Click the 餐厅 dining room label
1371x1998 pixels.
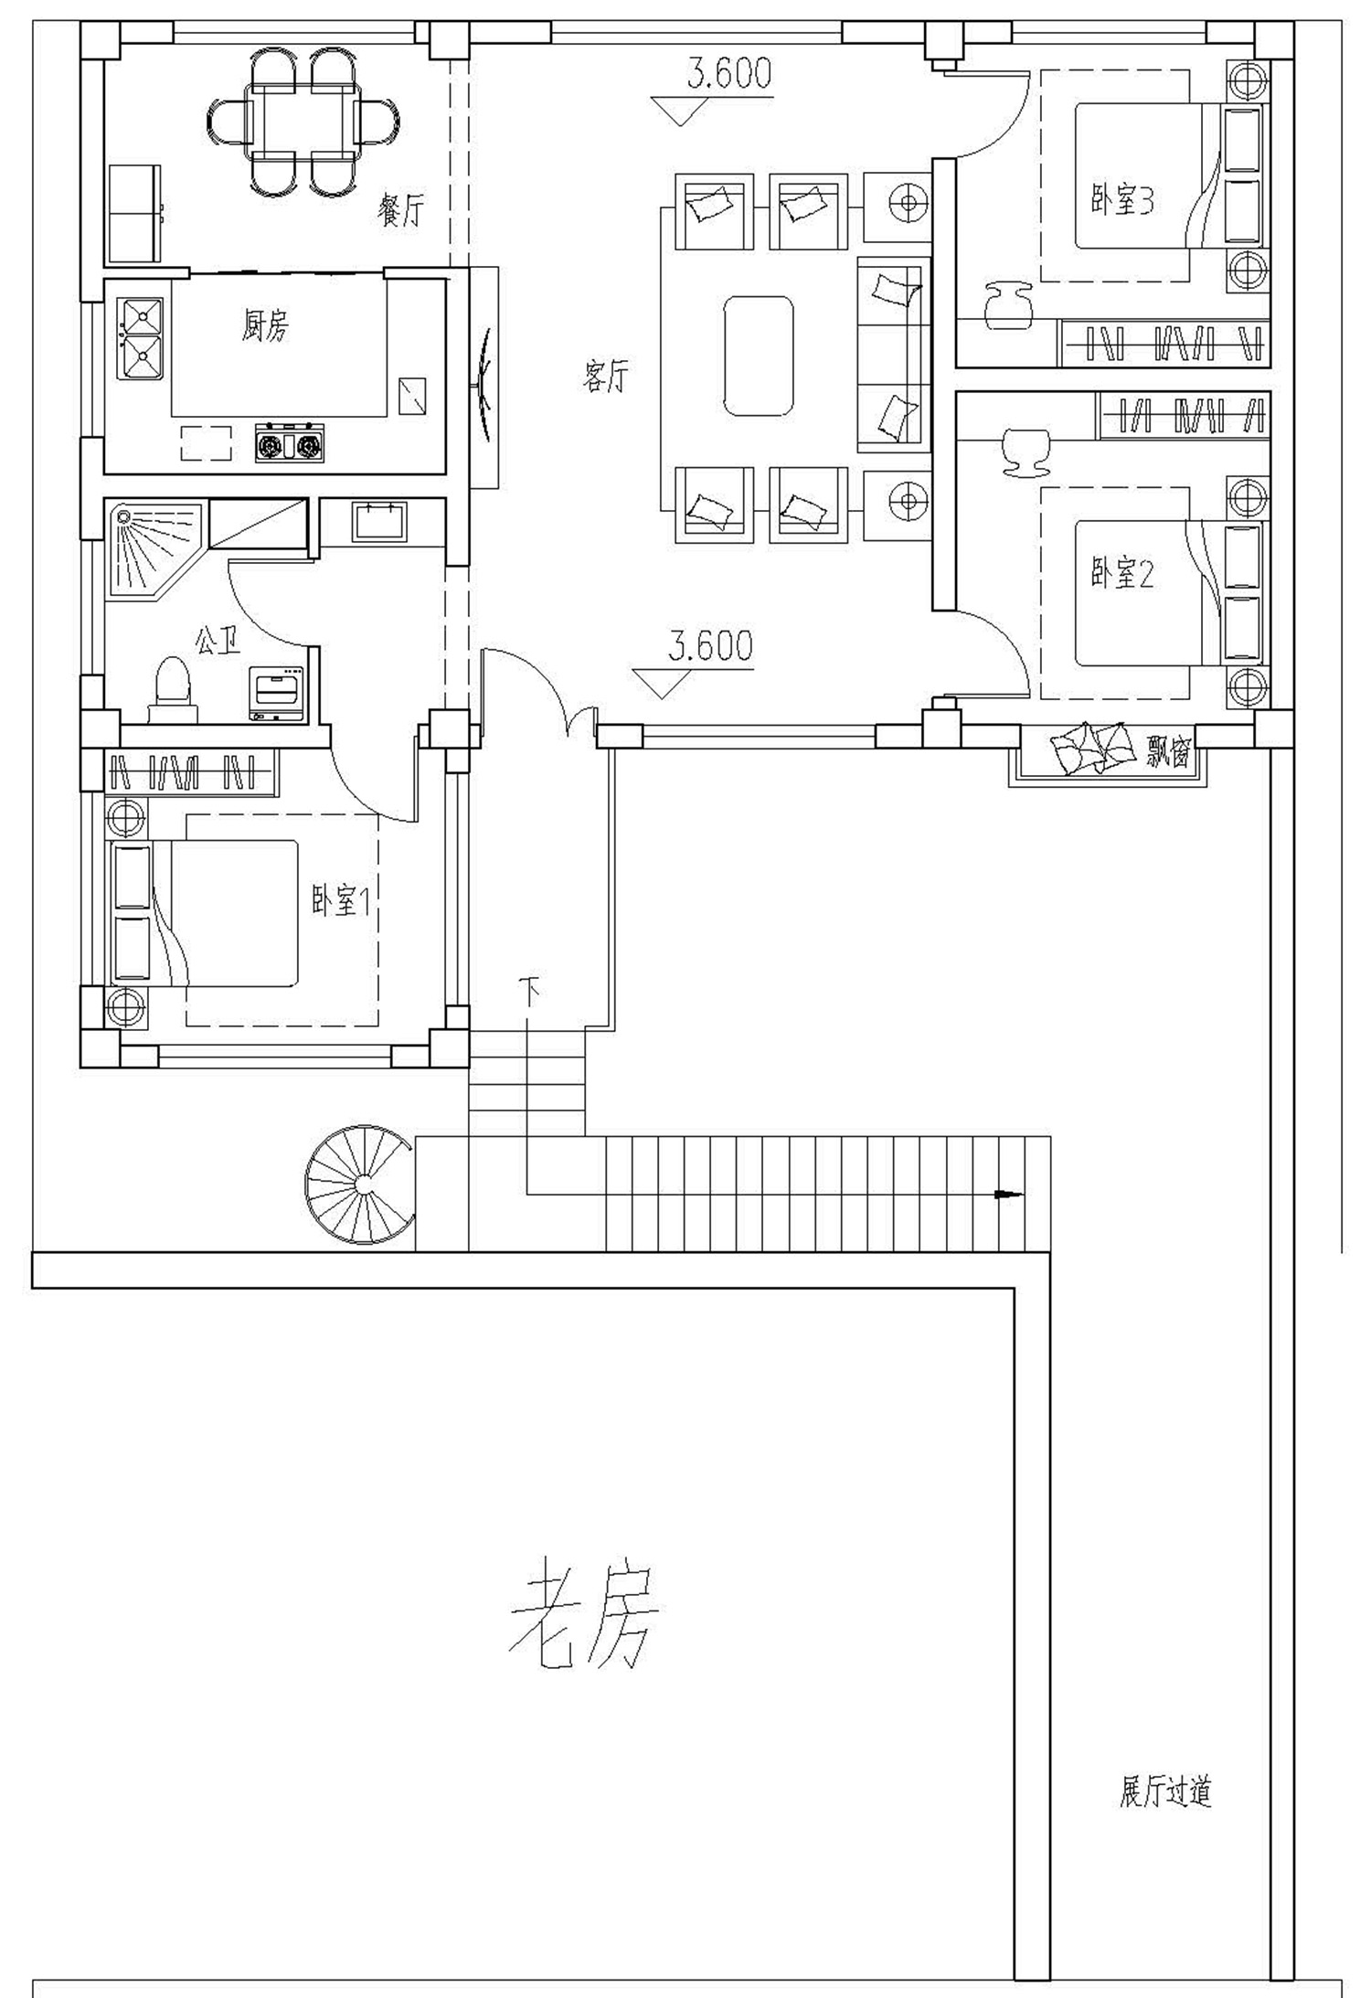pos(401,210)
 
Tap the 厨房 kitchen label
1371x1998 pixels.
pos(265,325)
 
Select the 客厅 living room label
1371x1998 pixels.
pos(606,376)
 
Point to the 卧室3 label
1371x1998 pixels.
pos(1121,200)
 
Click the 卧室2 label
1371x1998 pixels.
pos(1121,574)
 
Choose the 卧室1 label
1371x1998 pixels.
pos(340,902)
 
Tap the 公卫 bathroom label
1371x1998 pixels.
pos(217,641)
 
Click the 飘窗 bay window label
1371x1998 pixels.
pos(1168,753)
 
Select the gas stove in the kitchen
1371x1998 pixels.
pos(290,443)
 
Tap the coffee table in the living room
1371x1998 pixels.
pos(758,356)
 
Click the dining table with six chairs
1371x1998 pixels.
pos(303,121)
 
